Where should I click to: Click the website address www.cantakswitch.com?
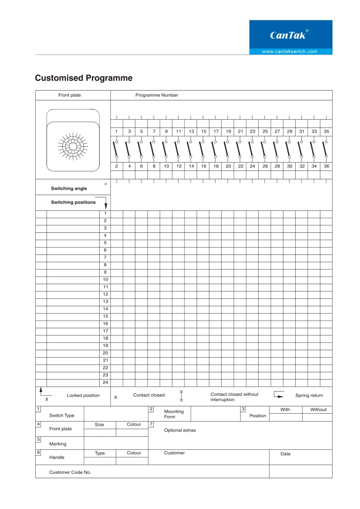pyautogui.click(x=290, y=51)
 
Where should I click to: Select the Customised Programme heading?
pyautogui.click(x=84, y=78)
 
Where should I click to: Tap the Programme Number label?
pyautogui.click(x=157, y=95)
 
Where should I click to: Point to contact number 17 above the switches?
pyautogui.click(x=216, y=131)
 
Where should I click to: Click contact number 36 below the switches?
pyautogui.click(x=326, y=166)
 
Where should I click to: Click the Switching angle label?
pyautogui.click(x=69, y=188)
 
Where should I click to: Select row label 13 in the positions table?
pyautogui.click(x=105, y=301)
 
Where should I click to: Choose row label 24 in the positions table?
pyautogui.click(x=105, y=382)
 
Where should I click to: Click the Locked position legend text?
pyautogui.click(x=83, y=395)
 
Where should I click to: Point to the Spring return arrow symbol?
pyautogui.click(x=279, y=395)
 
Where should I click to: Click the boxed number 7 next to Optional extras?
pyautogui.click(x=151, y=424)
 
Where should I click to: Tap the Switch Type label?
pyautogui.click(x=62, y=415)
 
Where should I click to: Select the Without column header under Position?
pyautogui.click(x=318, y=409)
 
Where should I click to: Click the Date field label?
pyautogui.click(x=286, y=454)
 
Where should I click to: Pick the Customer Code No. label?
pyautogui.click(x=70, y=472)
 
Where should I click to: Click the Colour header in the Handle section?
pyautogui.click(x=134, y=453)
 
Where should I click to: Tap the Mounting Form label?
pyautogui.click(x=174, y=414)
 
